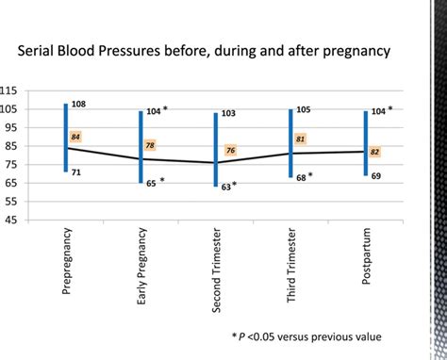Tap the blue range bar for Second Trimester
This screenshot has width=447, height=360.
[216, 150]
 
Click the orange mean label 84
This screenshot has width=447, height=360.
[76, 137]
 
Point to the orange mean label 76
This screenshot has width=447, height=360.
[231, 151]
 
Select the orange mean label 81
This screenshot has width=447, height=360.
[301, 139]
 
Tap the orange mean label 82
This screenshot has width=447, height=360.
[376, 152]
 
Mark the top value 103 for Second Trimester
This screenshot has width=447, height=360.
[229, 113]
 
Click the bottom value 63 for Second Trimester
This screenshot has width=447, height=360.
[227, 187]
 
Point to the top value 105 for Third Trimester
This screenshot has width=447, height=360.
[304, 109]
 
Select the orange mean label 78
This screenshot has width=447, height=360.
[150, 145]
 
